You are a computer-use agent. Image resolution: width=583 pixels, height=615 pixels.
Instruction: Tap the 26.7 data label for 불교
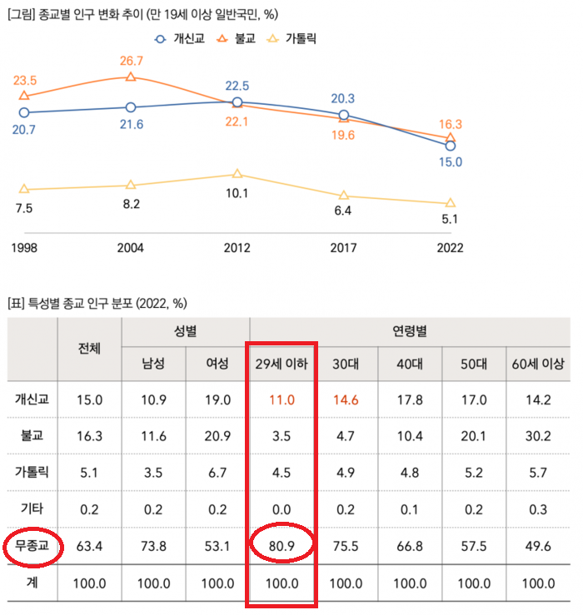[131, 61]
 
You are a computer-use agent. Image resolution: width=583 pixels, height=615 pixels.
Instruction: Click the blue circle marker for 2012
[237, 102]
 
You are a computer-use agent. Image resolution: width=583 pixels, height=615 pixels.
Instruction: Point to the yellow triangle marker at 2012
[237, 174]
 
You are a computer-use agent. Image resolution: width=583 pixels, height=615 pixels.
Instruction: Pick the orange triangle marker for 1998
[24, 97]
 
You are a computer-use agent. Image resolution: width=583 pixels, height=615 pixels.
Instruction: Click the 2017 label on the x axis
[343, 247]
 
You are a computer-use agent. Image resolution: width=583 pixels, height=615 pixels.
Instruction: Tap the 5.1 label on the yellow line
[451, 220]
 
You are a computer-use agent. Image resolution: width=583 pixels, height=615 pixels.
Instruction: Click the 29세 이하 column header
[282, 364]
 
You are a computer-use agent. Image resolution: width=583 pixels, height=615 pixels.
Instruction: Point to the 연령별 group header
[411, 331]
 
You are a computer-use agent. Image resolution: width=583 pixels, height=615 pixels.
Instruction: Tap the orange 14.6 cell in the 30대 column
[346, 399]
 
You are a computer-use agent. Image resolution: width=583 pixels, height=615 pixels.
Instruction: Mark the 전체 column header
[89, 348]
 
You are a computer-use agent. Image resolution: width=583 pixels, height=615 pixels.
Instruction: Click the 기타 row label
[32, 508]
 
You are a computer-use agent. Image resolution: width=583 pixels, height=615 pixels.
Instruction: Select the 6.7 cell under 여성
[217, 472]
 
